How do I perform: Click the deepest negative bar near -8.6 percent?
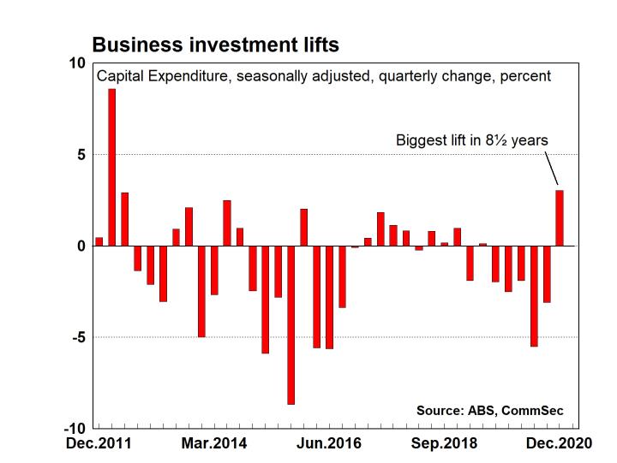291,324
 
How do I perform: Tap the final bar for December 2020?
560,218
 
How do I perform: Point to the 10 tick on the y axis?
78,64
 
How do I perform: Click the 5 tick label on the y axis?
81,155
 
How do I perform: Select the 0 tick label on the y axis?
81,246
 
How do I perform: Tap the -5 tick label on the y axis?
78,337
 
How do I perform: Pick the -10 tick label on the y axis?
75,428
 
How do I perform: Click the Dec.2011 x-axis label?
99,444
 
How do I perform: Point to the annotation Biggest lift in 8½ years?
471,140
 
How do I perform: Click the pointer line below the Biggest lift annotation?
553,169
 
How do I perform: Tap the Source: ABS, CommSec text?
490,411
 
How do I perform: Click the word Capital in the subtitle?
119,76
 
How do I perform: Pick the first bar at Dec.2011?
99,241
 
